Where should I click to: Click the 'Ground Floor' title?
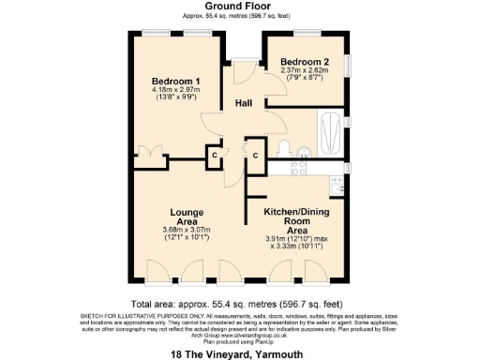[239, 7]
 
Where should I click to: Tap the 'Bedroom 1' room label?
[173, 81]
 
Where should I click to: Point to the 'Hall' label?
[244, 103]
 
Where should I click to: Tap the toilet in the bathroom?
[283, 148]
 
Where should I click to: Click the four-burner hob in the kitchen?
[301, 169]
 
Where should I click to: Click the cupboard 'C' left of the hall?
[214, 154]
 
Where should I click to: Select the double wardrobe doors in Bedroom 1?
[148, 153]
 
